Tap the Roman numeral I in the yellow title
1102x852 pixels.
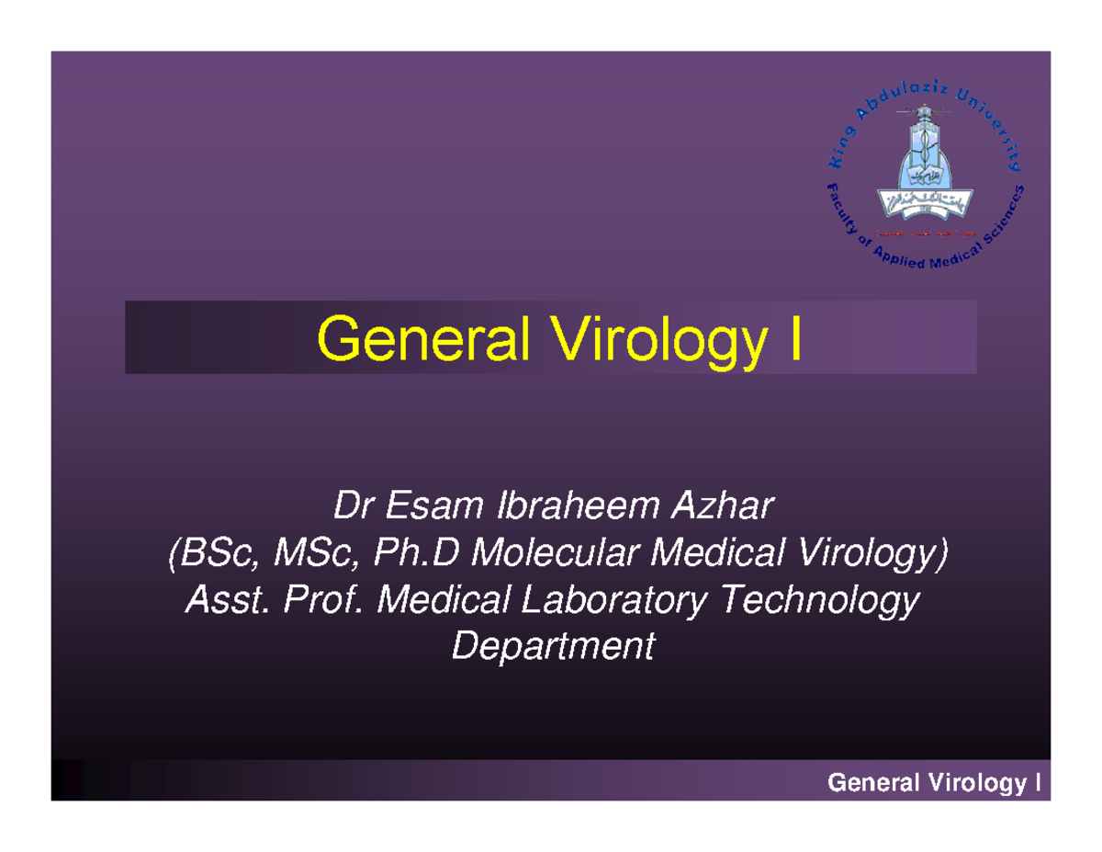(x=793, y=337)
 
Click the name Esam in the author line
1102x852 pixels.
(x=436, y=505)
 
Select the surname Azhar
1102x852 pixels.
(x=725, y=505)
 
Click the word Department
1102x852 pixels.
(x=554, y=648)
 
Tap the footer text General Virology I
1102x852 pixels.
(x=933, y=783)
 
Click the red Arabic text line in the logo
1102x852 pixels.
(x=924, y=233)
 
